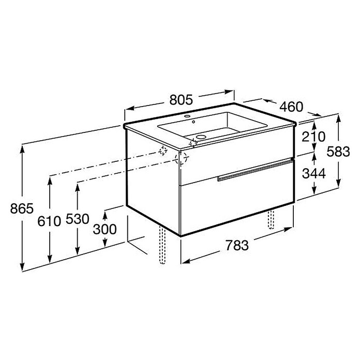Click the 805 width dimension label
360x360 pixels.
(x=181, y=100)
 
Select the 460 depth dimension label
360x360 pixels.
(x=291, y=107)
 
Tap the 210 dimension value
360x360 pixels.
(x=313, y=137)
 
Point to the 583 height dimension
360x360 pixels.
(x=338, y=152)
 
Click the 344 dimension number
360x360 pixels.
(x=313, y=173)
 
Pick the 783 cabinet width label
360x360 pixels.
(x=237, y=245)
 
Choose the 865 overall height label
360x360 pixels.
(x=22, y=208)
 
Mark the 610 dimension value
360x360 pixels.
(x=49, y=221)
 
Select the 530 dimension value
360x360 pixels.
(x=78, y=219)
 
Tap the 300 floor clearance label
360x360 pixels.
(x=104, y=229)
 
